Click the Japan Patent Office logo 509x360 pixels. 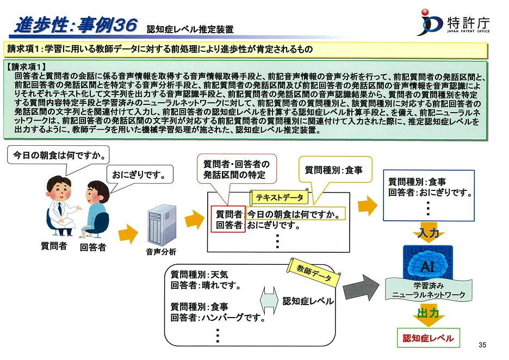455,23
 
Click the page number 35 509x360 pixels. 482,345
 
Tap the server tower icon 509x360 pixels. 162,225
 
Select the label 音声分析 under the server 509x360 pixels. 161,252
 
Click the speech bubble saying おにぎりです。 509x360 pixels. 140,175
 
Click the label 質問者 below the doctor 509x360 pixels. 54,246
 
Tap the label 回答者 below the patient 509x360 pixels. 93,247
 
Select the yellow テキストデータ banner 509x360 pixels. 279,197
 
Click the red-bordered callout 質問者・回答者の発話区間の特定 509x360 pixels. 237,169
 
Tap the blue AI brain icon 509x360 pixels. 428,264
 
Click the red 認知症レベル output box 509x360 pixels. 428,338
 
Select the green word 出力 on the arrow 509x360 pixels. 428,313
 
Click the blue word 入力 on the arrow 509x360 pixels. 429,232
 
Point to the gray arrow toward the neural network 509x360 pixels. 361,288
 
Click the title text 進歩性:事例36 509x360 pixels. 76,24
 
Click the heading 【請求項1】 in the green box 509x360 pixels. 26,67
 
